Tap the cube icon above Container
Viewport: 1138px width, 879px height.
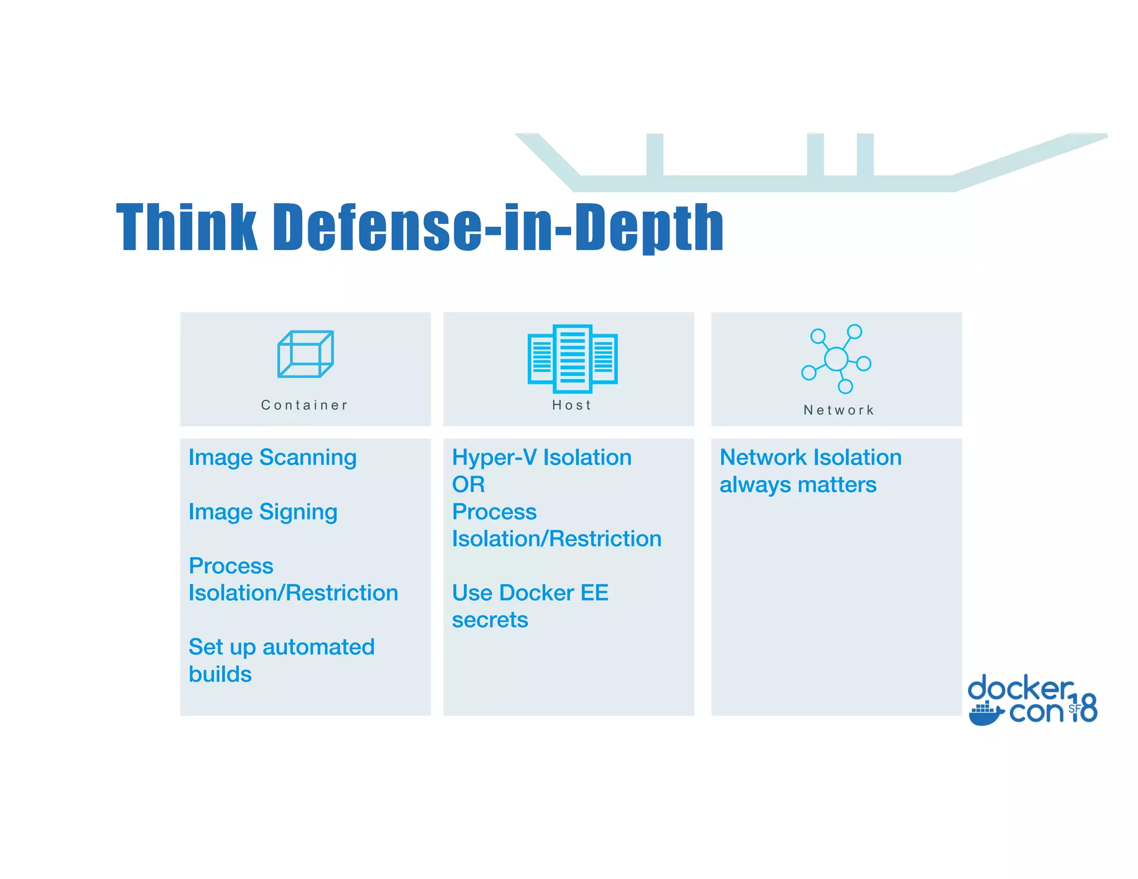pos(305,354)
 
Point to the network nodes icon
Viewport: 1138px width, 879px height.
pos(836,359)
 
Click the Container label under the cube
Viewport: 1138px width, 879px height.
pos(305,405)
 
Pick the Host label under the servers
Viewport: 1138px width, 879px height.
pos(572,405)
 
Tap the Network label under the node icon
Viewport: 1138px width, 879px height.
pos(839,410)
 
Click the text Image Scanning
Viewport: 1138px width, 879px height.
pos(272,458)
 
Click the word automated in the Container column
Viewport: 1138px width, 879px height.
pos(318,647)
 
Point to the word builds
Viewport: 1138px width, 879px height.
pos(220,675)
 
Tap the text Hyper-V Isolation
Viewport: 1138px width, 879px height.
pos(542,458)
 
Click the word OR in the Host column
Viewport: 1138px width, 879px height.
pos(468,485)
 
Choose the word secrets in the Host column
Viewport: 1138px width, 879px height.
pos(490,620)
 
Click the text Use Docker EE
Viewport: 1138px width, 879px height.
pos(530,593)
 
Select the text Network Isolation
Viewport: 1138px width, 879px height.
pos(810,458)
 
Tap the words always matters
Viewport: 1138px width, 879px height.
pos(798,485)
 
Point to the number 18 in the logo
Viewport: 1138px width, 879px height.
pos(1085,707)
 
